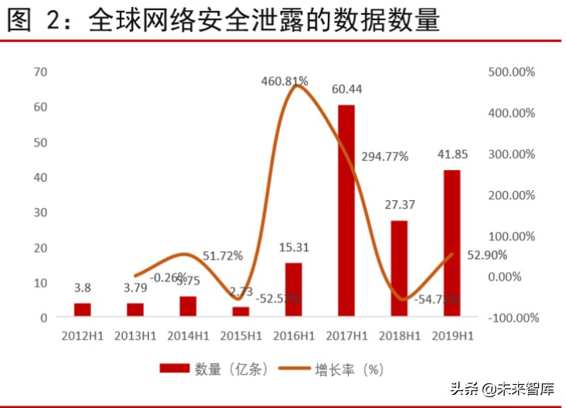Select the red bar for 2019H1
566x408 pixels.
click(452, 243)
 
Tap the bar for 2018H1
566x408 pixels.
click(399, 268)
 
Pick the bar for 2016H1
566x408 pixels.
click(293, 289)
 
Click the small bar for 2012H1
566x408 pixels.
click(83, 309)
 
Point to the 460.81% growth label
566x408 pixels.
click(285, 80)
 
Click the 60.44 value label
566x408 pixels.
click(346, 89)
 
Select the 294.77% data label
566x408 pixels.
click(384, 157)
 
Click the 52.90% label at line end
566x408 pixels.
click(487, 254)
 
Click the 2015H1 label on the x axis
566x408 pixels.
click(240, 336)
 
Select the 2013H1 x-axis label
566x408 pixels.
click(135, 336)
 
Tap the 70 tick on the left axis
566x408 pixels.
click(41, 72)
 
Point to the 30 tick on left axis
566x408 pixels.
click(41, 212)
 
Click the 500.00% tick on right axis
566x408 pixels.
click(512, 72)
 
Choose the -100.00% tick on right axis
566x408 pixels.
click(512, 318)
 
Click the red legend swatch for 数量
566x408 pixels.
click(176, 369)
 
